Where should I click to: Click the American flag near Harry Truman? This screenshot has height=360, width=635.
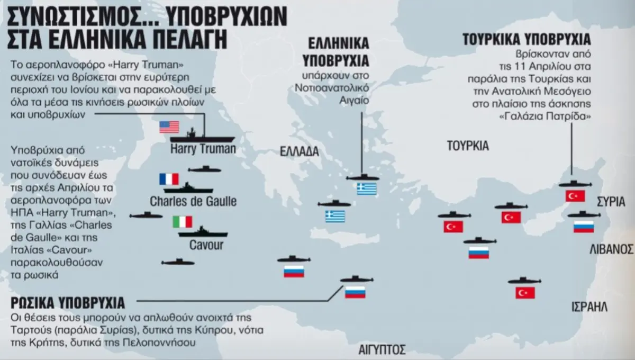click(169, 127)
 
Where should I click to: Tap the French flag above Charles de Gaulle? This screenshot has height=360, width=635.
click(169, 179)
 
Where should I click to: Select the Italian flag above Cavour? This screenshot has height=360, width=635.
click(183, 222)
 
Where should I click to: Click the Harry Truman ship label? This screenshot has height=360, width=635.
click(203, 149)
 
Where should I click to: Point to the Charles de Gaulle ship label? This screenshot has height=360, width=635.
click(193, 202)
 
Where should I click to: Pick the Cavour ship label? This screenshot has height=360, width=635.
click(206, 245)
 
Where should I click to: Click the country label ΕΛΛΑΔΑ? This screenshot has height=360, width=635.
click(300, 152)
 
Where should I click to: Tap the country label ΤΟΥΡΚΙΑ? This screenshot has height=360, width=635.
click(468, 146)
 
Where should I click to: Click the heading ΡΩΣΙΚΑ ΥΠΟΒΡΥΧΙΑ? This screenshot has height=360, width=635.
click(68, 303)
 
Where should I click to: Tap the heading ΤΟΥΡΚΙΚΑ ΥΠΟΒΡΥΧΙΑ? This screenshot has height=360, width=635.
click(527, 40)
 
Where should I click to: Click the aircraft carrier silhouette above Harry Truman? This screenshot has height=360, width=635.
click(204, 135)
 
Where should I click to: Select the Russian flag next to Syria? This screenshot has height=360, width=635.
click(583, 227)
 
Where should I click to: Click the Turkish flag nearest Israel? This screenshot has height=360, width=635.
click(525, 293)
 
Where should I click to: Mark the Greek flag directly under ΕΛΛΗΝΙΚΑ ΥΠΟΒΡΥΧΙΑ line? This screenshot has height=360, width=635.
click(366, 189)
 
